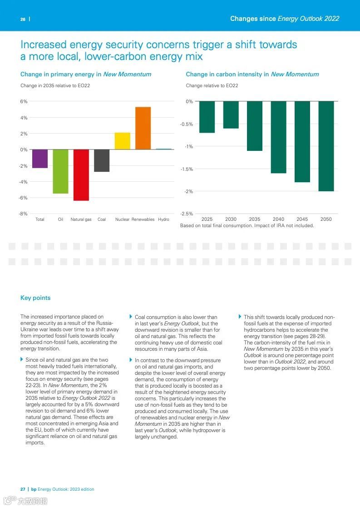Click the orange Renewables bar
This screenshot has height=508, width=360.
(143, 128)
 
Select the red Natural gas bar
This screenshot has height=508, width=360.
(81, 175)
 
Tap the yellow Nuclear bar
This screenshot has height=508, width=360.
(123, 141)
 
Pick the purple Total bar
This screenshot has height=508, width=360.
(40, 159)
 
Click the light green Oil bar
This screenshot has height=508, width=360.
(60, 171)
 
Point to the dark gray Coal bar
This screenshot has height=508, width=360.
(102, 160)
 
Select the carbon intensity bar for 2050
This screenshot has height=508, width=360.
(326, 146)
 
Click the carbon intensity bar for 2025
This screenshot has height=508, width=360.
(207, 117)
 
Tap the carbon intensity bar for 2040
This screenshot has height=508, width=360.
(278, 137)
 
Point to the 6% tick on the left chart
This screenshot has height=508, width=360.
(24, 102)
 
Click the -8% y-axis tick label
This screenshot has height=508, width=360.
(23, 214)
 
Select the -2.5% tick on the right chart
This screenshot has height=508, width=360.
(187, 214)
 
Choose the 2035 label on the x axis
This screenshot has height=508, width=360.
(255, 219)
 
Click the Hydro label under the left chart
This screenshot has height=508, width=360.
(163, 219)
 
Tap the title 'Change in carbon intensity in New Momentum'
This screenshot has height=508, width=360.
(252, 74)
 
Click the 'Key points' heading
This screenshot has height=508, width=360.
(35, 298)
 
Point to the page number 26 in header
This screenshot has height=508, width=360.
(23, 19)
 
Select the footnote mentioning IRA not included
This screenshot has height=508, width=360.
(247, 225)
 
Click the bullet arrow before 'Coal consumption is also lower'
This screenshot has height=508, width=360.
(131, 317)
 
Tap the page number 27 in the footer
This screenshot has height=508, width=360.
(23, 489)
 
